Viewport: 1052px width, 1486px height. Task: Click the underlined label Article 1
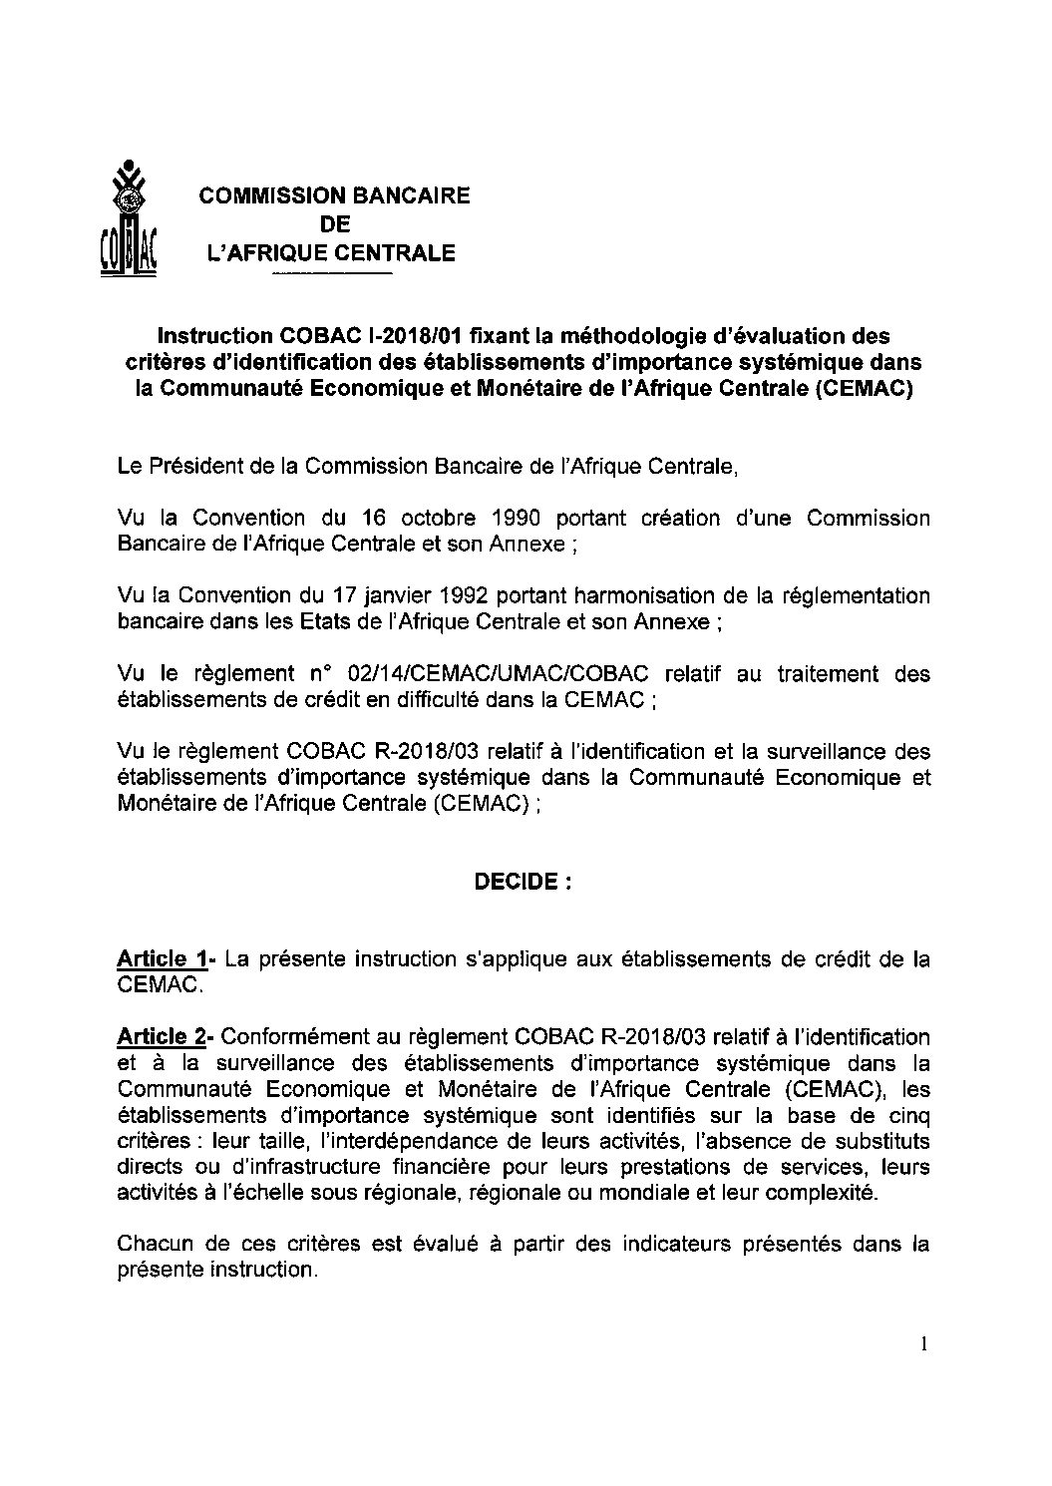tap(162, 959)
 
